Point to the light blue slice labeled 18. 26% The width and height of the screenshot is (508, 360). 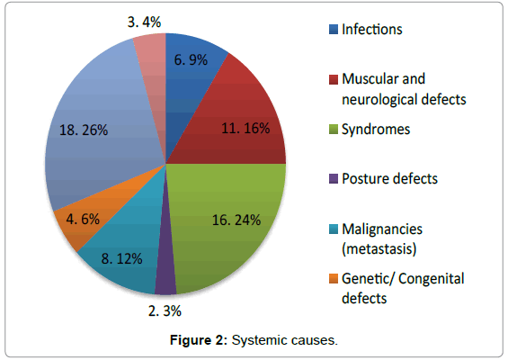tap(97, 130)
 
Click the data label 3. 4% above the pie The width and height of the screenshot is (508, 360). tap(144, 22)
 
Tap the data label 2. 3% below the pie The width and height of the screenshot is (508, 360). tap(165, 311)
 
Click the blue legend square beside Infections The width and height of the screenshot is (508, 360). tap(334, 29)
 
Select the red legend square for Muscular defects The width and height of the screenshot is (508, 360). tap(334, 79)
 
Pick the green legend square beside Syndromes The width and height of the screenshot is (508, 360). tap(334, 129)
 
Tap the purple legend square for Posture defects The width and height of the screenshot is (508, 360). tap(334, 179)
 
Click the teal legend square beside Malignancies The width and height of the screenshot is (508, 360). tap(334, 229)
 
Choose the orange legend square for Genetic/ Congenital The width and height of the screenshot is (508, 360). tap(334, 279)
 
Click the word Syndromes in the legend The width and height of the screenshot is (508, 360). tap(376, 130)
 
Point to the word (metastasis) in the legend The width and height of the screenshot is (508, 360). tap(379, 249)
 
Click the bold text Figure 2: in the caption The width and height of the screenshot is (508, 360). tap(199, 340)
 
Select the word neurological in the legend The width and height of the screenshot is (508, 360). tap(379, 100)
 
